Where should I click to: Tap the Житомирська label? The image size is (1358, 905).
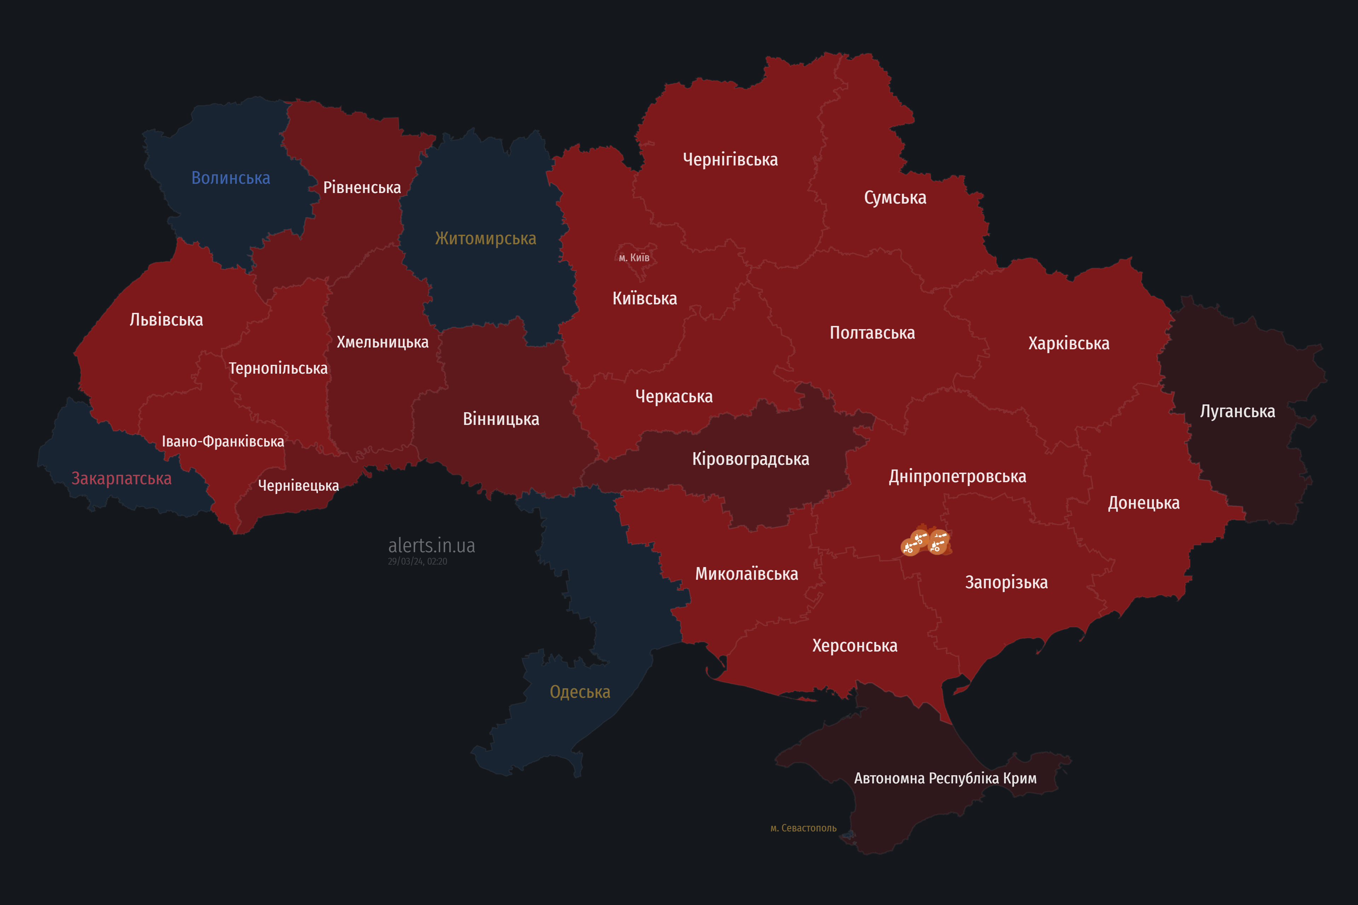pos(486,238)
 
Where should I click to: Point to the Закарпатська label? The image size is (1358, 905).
pos(121,478)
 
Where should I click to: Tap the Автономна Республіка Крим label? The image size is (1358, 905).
pos(945,778)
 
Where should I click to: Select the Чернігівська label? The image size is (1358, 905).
pos(730,159)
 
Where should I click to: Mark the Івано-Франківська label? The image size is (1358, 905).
pos(223,442)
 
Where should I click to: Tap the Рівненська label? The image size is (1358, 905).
pos(362,188)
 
